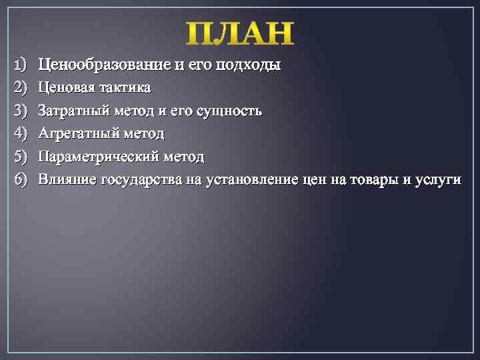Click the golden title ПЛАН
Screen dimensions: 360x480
[x=239, y=34]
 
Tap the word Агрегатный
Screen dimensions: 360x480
[x=76, y=133]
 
